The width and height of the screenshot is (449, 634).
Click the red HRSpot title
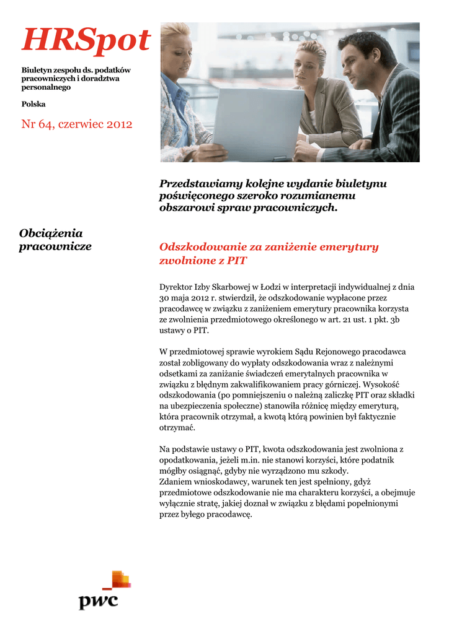pos(86,41)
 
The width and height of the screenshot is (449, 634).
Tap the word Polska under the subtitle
pos(33,104)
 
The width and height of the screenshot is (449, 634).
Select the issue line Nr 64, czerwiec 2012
pos(77,124)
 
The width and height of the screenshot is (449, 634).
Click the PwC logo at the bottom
pos(102,593)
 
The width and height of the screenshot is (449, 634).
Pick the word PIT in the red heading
pos(237,261)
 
